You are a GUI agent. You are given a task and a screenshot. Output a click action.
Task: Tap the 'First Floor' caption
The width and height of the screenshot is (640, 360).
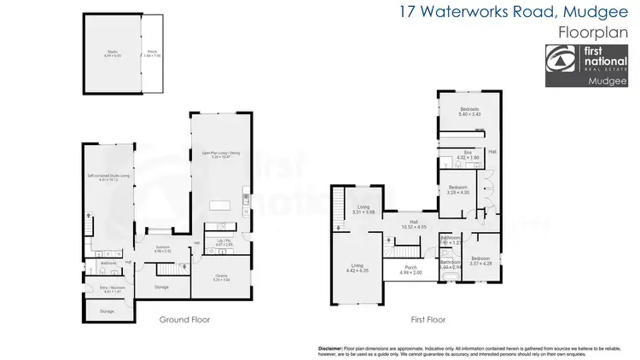pos(428,319)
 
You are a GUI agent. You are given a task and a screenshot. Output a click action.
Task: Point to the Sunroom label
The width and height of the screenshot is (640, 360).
pos(163,249)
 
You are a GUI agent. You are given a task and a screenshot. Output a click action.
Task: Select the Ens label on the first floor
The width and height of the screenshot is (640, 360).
pos(468,155)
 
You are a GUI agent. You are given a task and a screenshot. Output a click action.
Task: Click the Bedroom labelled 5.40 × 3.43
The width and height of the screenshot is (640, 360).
pos(470,111)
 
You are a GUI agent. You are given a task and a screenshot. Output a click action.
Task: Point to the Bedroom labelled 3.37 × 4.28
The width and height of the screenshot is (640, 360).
pos(480,260)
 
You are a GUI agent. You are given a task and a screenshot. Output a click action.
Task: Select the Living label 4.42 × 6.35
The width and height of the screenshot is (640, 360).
pos(358,268)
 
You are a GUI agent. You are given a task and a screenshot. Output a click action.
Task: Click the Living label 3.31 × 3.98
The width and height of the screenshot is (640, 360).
pos(364,209)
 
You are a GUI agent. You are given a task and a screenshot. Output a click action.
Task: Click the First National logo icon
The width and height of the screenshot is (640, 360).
pos(561,57)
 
